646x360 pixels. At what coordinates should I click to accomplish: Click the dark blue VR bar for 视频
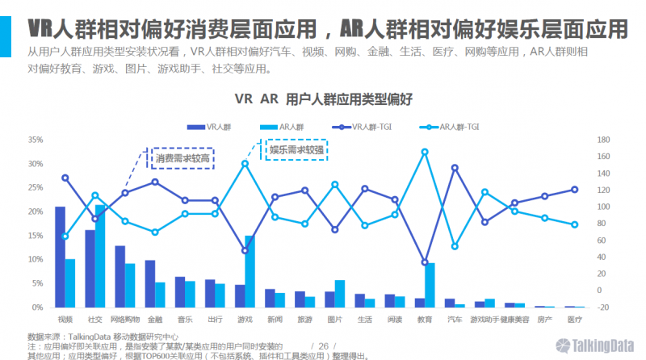(x=60, y=257)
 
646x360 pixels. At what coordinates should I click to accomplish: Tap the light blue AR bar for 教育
(x=430, y=285)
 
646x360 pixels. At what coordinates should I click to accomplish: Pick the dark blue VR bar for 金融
(x=149, y=283)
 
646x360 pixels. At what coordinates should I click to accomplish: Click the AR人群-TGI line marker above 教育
(x=425, y=152)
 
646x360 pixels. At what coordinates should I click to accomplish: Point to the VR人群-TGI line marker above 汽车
(x=455, y=168)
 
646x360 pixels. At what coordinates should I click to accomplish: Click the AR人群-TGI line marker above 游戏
(x=245, y=163)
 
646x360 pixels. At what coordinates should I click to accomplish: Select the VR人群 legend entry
(x=209, y=127)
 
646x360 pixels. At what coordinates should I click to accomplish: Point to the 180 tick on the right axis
(x=602, y=140)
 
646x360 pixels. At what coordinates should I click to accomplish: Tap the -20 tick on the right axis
(x=602, y=308)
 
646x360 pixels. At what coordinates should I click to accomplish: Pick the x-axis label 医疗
(x=574, y=319)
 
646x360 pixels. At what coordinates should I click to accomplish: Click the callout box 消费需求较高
(x=182, y=158)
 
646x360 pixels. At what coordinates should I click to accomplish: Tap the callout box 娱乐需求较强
(x=296, y=149)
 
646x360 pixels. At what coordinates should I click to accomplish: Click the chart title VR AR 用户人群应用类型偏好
(x=323, y=99)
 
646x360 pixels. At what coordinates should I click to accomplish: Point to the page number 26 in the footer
(x=324, y=345)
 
